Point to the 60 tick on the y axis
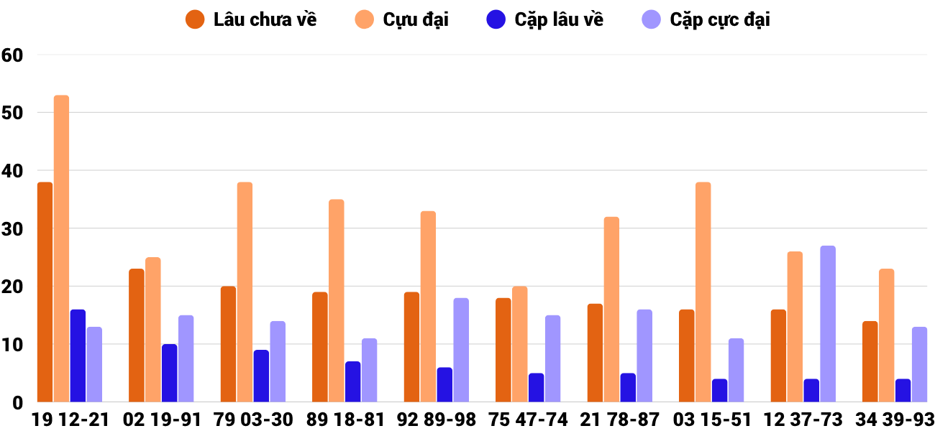point(13,55)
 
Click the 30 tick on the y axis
point(13,228)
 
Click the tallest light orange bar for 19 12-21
point(61,249)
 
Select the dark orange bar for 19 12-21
point(45,292)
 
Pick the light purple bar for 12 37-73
point(828,324)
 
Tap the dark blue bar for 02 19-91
point(169,374)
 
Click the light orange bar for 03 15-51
point(703,292)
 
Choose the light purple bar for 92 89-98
point(461,350)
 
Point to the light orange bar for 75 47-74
point(520,344)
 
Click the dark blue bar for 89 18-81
point(352,382)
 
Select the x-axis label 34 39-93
point(894,420)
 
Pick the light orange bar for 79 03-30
point(245,292)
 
